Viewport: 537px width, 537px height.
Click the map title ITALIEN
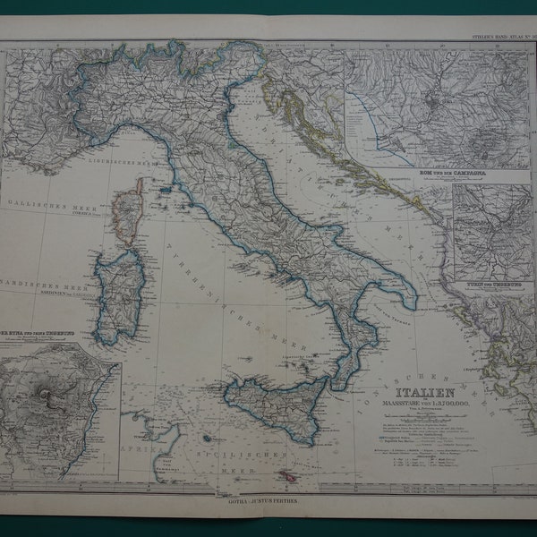(427, 392)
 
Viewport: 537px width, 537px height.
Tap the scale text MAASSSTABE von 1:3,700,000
(427, 403)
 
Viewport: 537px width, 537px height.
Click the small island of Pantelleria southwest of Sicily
(208, 439)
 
